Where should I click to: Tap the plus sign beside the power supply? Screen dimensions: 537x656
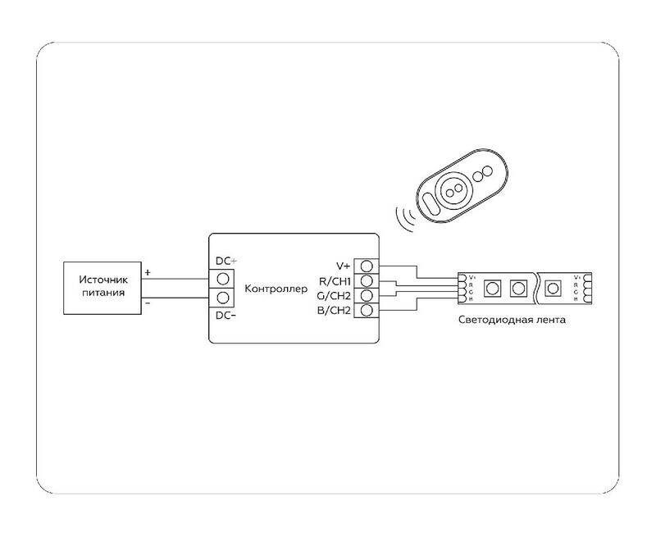pos(148,271)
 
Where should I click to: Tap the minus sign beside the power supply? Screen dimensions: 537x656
pos(148,302)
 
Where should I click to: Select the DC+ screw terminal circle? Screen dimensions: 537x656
pos(222,279)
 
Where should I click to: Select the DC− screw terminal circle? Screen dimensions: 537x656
pos(222,298)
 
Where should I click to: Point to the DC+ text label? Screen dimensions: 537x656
pos(225,261)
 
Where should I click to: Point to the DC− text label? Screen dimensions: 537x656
pos(225,316)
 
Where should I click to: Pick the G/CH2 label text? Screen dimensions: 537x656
pos(335,295)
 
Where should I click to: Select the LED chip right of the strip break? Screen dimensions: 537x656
pos(553,289)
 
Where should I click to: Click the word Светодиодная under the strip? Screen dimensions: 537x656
pos(492,319)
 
